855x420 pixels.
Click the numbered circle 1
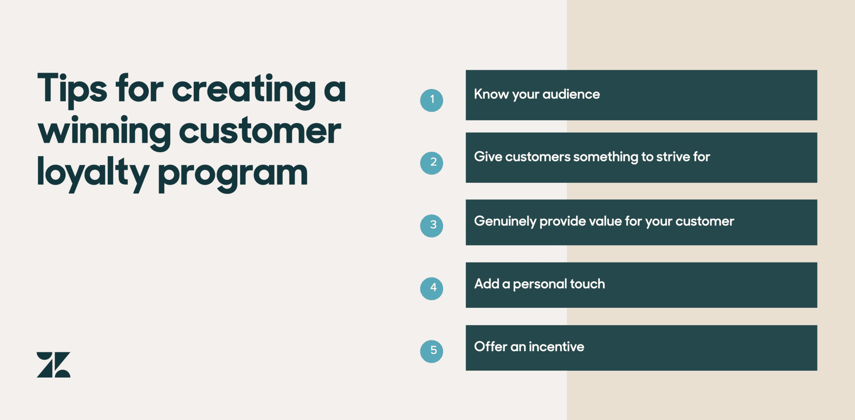tap(432, 100)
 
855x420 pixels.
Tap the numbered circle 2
tap(432, 163)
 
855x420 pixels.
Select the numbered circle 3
tap(432, 226)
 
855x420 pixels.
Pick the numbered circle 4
tap(432, 288)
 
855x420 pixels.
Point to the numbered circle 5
tap(432, 351)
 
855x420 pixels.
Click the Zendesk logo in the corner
tap(53, 365)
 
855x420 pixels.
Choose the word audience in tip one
tap(571, 94)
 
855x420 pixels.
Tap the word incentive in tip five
tap(556, 347)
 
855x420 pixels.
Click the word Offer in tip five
tap(490, 347)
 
